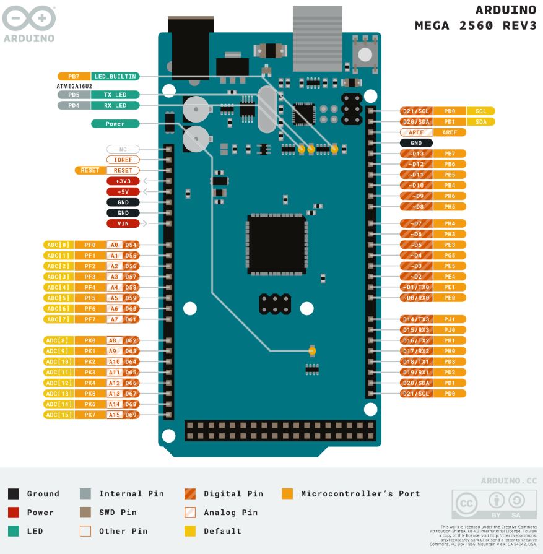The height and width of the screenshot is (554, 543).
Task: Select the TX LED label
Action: coord(115,95)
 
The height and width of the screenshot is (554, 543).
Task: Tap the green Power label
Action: coord(115,124)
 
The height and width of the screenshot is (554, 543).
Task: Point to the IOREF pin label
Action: coord(123,160)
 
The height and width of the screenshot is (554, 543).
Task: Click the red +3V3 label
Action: coord(123,181)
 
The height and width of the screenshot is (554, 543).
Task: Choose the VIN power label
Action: coord(123,223)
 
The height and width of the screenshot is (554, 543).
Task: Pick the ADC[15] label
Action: coord(58,415)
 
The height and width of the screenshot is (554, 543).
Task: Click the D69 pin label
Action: coord(131,415)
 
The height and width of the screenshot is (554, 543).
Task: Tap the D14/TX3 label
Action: coord(416,319)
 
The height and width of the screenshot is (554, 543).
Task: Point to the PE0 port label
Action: coord(450,298)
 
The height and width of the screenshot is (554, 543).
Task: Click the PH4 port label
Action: coord(450,223)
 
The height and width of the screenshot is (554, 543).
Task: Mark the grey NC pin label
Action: coord(123,149)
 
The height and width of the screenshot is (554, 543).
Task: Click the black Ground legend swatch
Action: coord(13,493)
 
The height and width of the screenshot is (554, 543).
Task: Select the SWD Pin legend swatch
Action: coord(85,512)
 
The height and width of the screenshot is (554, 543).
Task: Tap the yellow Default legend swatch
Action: coord(190,530)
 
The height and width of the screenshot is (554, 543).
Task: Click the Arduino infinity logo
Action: coord(28,19)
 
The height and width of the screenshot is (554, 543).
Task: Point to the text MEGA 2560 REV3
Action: coord(475,25)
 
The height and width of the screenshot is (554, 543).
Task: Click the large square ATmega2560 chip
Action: coord(277,244)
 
